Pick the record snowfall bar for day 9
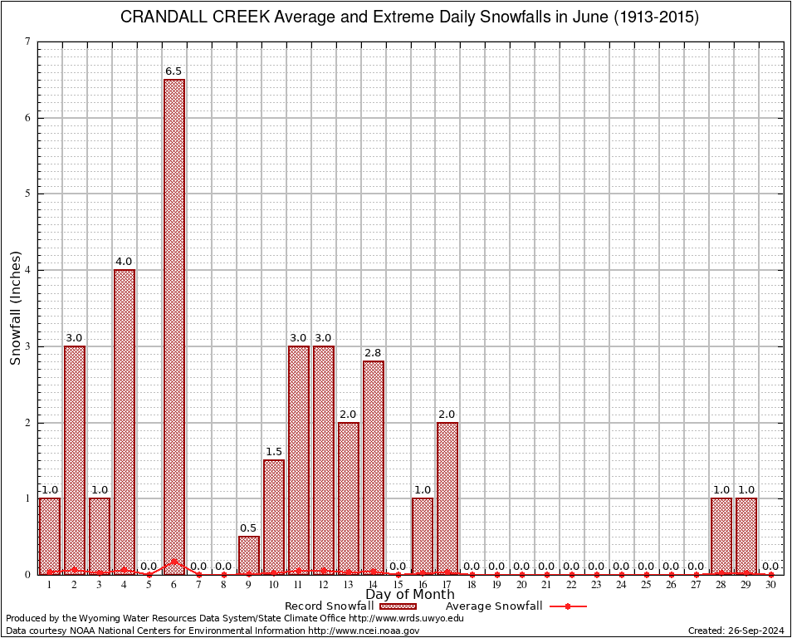click(249, 555)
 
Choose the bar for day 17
click(447, 498)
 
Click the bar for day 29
click(746, 536)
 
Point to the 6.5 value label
click(174, 71)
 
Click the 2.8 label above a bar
click(373, 353)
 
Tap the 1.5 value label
click(274, 452)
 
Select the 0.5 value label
click(249, 528)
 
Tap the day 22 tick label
click(571, 585)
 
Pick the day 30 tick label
click(770, 585)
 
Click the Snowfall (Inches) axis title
click(15, 307)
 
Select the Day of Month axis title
click(410, 595)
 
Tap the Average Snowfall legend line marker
click(568, 606)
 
